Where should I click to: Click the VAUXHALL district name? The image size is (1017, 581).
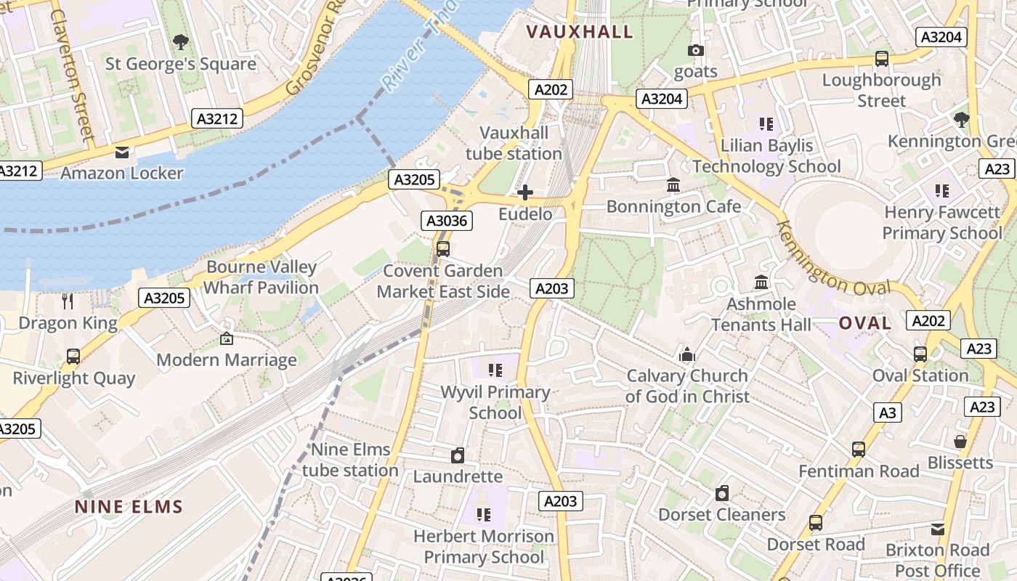click(580, 31)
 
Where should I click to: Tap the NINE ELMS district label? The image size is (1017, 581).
click(129, 507)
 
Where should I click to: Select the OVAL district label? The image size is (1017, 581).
click(865, 323)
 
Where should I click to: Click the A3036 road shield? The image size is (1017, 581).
click(447, 221)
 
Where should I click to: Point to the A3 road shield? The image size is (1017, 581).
click(888, 413)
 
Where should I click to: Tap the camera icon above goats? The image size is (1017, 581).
click(696, 50)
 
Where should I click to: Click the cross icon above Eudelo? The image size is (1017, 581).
click(524, 192)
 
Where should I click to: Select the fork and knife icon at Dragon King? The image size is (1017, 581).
click(68, 301)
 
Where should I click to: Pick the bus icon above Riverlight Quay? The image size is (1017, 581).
click(73, 357)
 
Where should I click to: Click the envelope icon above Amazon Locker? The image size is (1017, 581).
click(121, 152)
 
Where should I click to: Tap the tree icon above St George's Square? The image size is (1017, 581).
click(181, 42)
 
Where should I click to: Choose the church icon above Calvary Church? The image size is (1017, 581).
click(686, 354)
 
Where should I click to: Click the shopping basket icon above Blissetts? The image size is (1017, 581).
click(960, 442)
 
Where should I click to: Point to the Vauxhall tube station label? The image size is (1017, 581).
click(514, 143)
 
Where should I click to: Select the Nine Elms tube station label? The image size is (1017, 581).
click(350, 460)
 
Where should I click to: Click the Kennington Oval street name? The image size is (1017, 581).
click(833, 258)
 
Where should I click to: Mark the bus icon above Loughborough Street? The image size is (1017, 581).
click(881, 59)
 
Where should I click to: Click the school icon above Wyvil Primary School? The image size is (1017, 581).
click(495, 370)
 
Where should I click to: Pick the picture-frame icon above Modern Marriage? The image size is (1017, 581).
click(227, 338)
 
